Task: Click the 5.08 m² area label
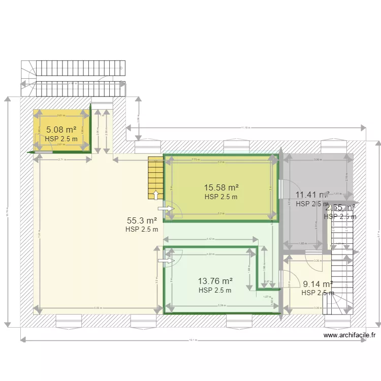tap(61, 130)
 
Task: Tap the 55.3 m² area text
tap(142, 220)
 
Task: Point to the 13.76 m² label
tap(215, 281)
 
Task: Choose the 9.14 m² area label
tap(317, 284)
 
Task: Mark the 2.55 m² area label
tap(340, 208)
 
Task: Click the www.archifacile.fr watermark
tap(349, 335)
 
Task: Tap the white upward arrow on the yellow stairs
tap(155, 196)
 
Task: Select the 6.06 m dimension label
tap(98, 308)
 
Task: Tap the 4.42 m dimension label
tap(209, 239)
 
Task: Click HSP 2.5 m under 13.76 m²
tap(215, 291)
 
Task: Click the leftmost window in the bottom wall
tap(69, 321)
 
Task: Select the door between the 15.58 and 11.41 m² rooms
tap(280, 188)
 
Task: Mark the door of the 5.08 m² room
tap(43, 151)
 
